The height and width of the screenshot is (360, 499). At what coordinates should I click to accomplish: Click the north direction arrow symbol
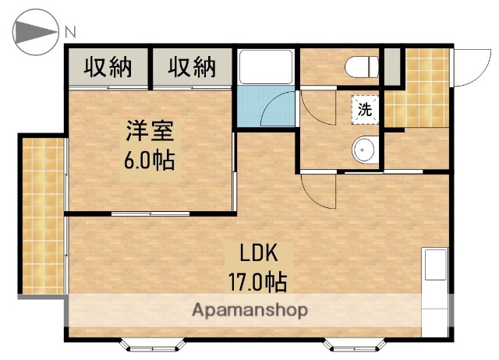pos(36,32)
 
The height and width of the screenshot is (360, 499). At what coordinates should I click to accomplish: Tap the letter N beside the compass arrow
pos(70,32)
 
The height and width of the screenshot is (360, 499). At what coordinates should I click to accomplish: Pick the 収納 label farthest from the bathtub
pos(108,68)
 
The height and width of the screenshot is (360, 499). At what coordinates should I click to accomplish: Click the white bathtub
pos(265,67)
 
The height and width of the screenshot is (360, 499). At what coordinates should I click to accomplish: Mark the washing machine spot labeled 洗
pos(364,109)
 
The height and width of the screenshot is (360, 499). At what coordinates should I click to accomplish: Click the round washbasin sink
pos(364,150)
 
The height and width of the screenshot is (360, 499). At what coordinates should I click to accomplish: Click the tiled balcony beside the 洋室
pos(43,216)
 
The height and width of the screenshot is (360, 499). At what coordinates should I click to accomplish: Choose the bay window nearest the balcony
pos(152,342)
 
